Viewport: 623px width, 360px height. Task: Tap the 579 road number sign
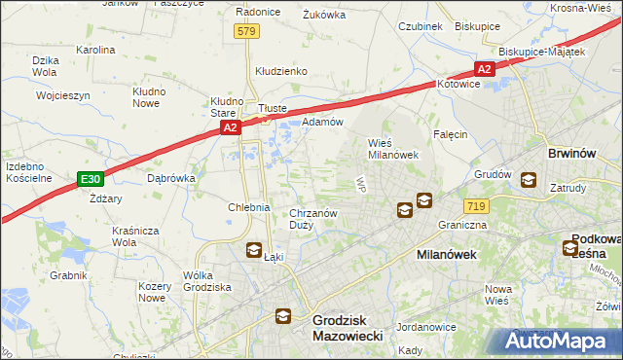tap(246, 32)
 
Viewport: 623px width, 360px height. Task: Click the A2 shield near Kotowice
tap(485, 69)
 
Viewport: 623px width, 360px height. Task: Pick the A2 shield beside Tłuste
tap(230, 127)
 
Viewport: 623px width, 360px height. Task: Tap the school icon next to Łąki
tap(253, 250)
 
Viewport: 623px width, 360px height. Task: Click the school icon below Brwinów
tap(529, 180)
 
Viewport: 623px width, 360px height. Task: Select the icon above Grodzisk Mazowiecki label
tap(282, 315)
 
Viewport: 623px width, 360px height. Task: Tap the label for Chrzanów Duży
tap(313, 218)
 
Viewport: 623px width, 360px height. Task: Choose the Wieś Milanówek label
tap(392, 148)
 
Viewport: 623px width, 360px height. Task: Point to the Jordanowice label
tap(425, 327)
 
